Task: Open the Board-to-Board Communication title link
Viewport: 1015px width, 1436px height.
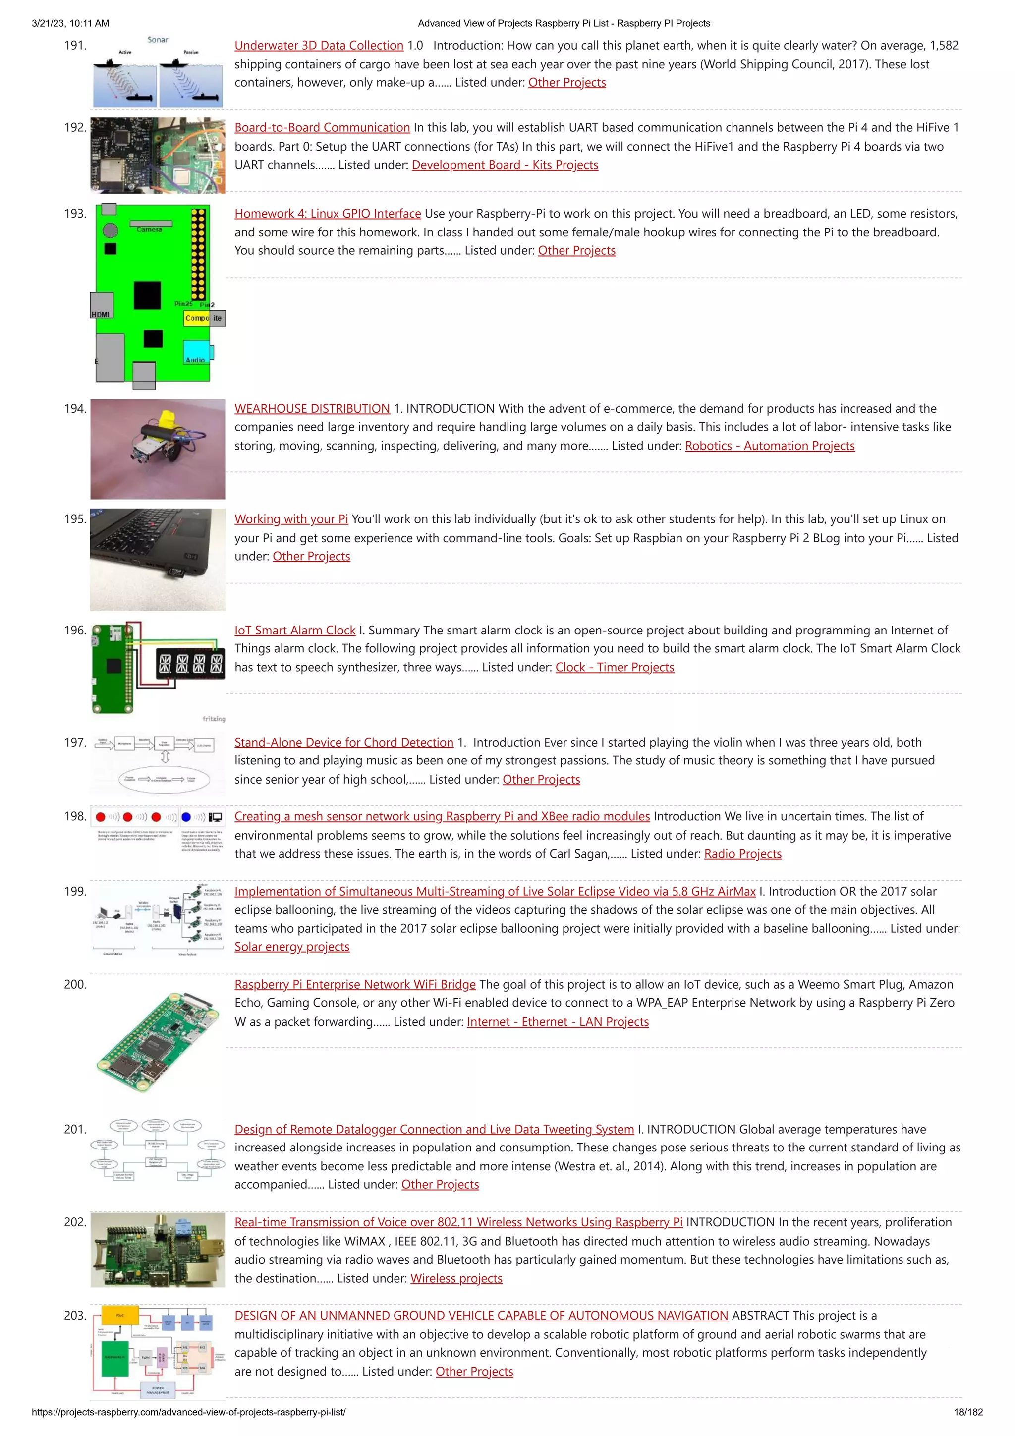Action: [322, 127]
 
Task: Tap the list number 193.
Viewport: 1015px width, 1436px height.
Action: [75, 213]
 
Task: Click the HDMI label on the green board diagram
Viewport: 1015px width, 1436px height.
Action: [101, 314]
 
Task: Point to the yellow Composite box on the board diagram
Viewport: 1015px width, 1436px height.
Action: [197, 318]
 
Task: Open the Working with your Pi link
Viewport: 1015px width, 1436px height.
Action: [291, 518]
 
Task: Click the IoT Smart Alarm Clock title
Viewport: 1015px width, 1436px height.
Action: [294, 630]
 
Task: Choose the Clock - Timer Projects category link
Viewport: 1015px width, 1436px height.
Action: [614, 667]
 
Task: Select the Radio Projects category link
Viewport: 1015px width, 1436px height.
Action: [742, 853]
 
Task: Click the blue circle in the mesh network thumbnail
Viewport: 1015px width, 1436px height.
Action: [186, 817]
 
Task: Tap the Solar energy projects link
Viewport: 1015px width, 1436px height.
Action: [291, 946]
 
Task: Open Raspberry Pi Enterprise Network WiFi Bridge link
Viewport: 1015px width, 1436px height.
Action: [354, 984]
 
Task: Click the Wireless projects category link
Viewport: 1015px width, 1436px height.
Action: [456, 1278]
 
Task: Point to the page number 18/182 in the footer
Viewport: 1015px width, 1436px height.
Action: [967, 1412]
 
